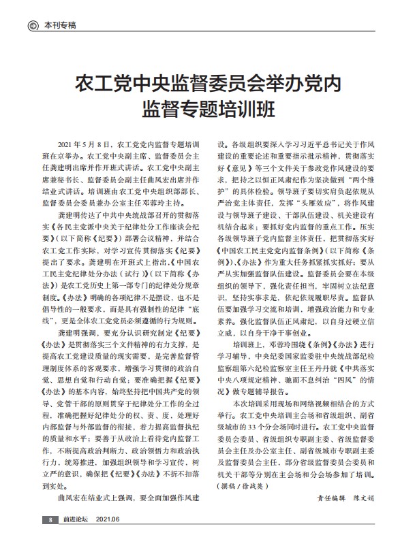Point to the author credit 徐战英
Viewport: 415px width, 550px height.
252,504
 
